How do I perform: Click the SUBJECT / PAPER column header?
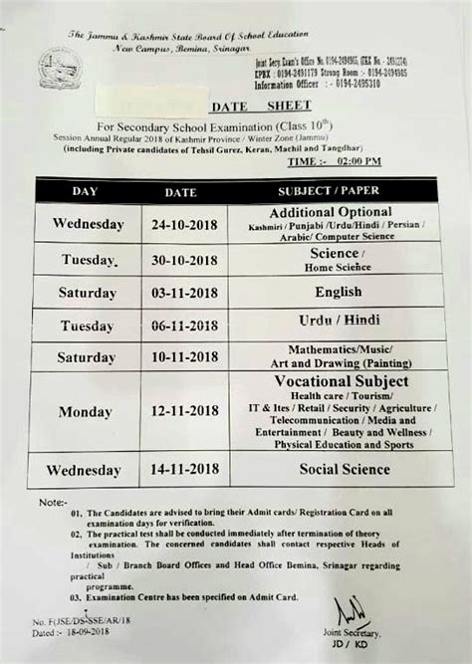330,189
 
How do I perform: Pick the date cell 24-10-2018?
180,224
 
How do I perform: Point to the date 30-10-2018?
180,261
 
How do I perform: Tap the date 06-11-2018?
180,326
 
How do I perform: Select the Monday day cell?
86,412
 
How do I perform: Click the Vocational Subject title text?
340,381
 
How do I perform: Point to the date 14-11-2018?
180,470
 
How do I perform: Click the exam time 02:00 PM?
351,160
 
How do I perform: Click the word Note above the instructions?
52,503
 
